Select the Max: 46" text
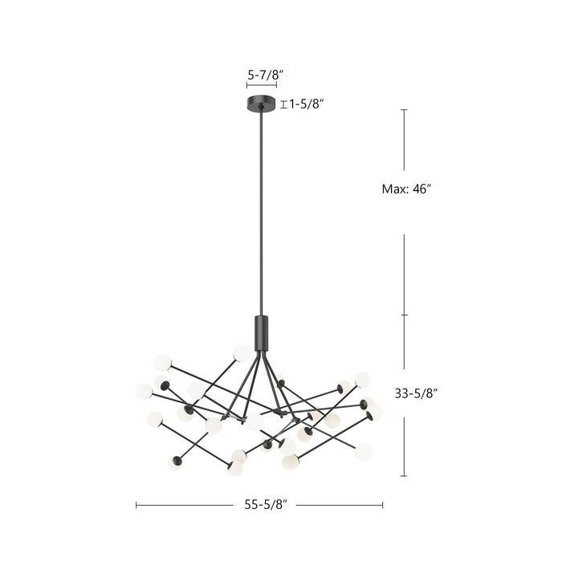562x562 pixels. pos(406,189)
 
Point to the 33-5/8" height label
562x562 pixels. pos(416,393)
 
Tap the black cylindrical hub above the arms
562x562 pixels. pos(261,332)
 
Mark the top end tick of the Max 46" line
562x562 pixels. pos(404,110)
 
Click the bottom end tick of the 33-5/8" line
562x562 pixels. pos(404,476)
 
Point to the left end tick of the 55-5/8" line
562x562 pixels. pos(136,505)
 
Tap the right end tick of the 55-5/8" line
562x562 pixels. pos(383,505)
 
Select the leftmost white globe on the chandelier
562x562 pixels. pos(144,391)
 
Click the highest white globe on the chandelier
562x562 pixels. pos(242,352)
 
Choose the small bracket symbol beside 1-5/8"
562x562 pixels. pos(283,104)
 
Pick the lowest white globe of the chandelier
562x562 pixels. pos(235,468)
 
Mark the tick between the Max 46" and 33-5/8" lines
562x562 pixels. pos(404,315)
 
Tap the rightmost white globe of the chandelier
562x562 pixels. pos(374,412)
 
